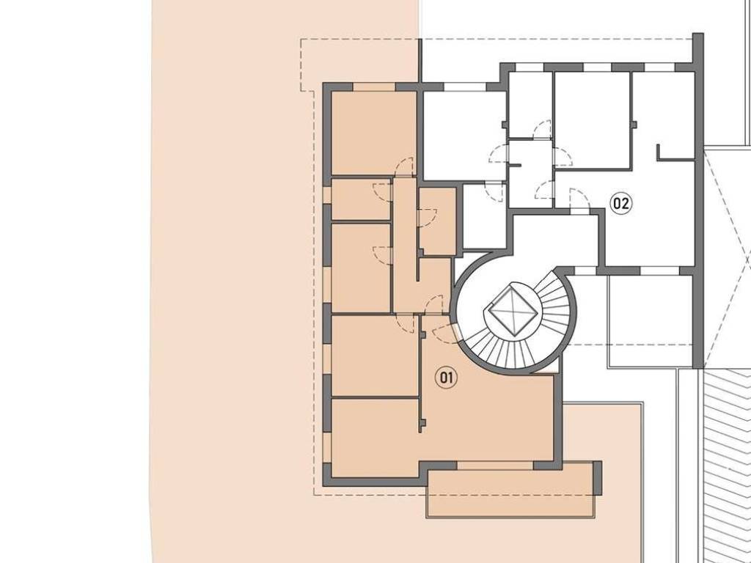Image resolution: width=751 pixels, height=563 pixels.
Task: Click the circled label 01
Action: click(446, 378)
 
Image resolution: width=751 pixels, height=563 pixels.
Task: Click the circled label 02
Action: click(620, 204)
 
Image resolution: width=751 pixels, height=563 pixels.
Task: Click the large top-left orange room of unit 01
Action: click(373, 133)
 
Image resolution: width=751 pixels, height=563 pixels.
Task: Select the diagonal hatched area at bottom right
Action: click(725, 464)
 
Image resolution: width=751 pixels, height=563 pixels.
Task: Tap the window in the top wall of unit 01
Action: click(374, 87)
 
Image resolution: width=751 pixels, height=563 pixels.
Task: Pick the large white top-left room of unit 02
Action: click(464, 136)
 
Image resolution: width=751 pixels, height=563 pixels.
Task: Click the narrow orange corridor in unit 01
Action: click(404, 244)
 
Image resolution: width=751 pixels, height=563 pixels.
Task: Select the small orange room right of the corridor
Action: click(436, 221)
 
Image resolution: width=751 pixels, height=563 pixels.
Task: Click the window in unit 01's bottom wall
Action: click(495, 466)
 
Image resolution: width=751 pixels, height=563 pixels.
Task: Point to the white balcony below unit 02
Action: click(650, 322)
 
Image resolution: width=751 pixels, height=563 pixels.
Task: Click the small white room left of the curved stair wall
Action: click(484, 217)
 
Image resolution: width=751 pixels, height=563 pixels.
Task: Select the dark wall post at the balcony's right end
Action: click(597, 478)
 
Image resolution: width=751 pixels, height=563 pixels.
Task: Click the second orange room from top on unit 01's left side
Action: click(361, 199)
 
